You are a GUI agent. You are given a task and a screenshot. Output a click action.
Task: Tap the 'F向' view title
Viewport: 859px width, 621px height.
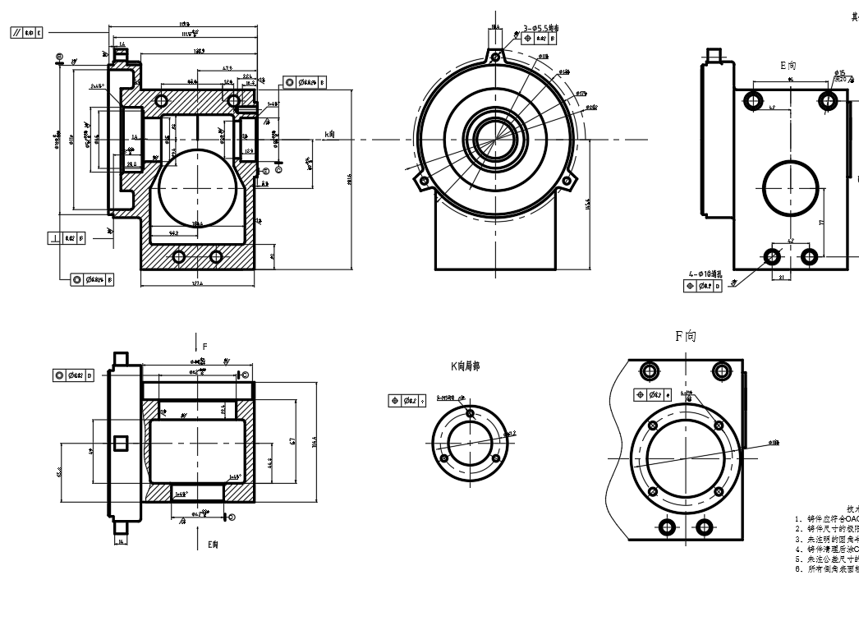686,336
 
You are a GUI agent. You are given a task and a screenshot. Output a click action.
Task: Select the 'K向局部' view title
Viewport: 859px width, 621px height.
464,366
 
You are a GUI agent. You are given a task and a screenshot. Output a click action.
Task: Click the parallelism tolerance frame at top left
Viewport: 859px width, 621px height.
27,32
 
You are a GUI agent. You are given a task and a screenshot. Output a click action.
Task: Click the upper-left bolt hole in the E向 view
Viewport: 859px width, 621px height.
752,101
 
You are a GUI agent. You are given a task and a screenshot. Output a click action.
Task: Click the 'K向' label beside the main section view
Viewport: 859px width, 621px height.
330,134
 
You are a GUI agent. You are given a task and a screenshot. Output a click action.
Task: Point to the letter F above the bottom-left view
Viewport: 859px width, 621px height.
205,347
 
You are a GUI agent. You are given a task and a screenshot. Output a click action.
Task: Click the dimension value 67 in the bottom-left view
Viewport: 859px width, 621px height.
292,442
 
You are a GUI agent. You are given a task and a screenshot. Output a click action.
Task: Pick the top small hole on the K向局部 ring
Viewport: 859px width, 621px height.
469,413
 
